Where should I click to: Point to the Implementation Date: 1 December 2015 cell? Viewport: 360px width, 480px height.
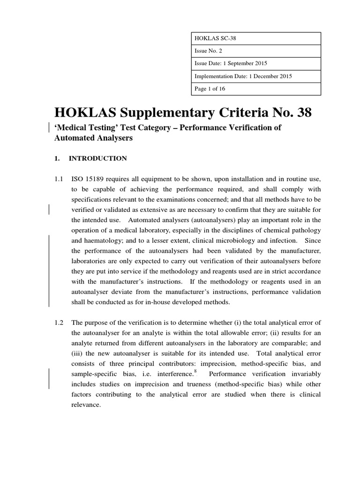coord(243,76)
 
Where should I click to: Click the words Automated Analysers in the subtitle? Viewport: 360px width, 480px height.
coord(94,138)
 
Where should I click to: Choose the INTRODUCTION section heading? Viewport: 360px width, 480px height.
coord(97,158)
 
